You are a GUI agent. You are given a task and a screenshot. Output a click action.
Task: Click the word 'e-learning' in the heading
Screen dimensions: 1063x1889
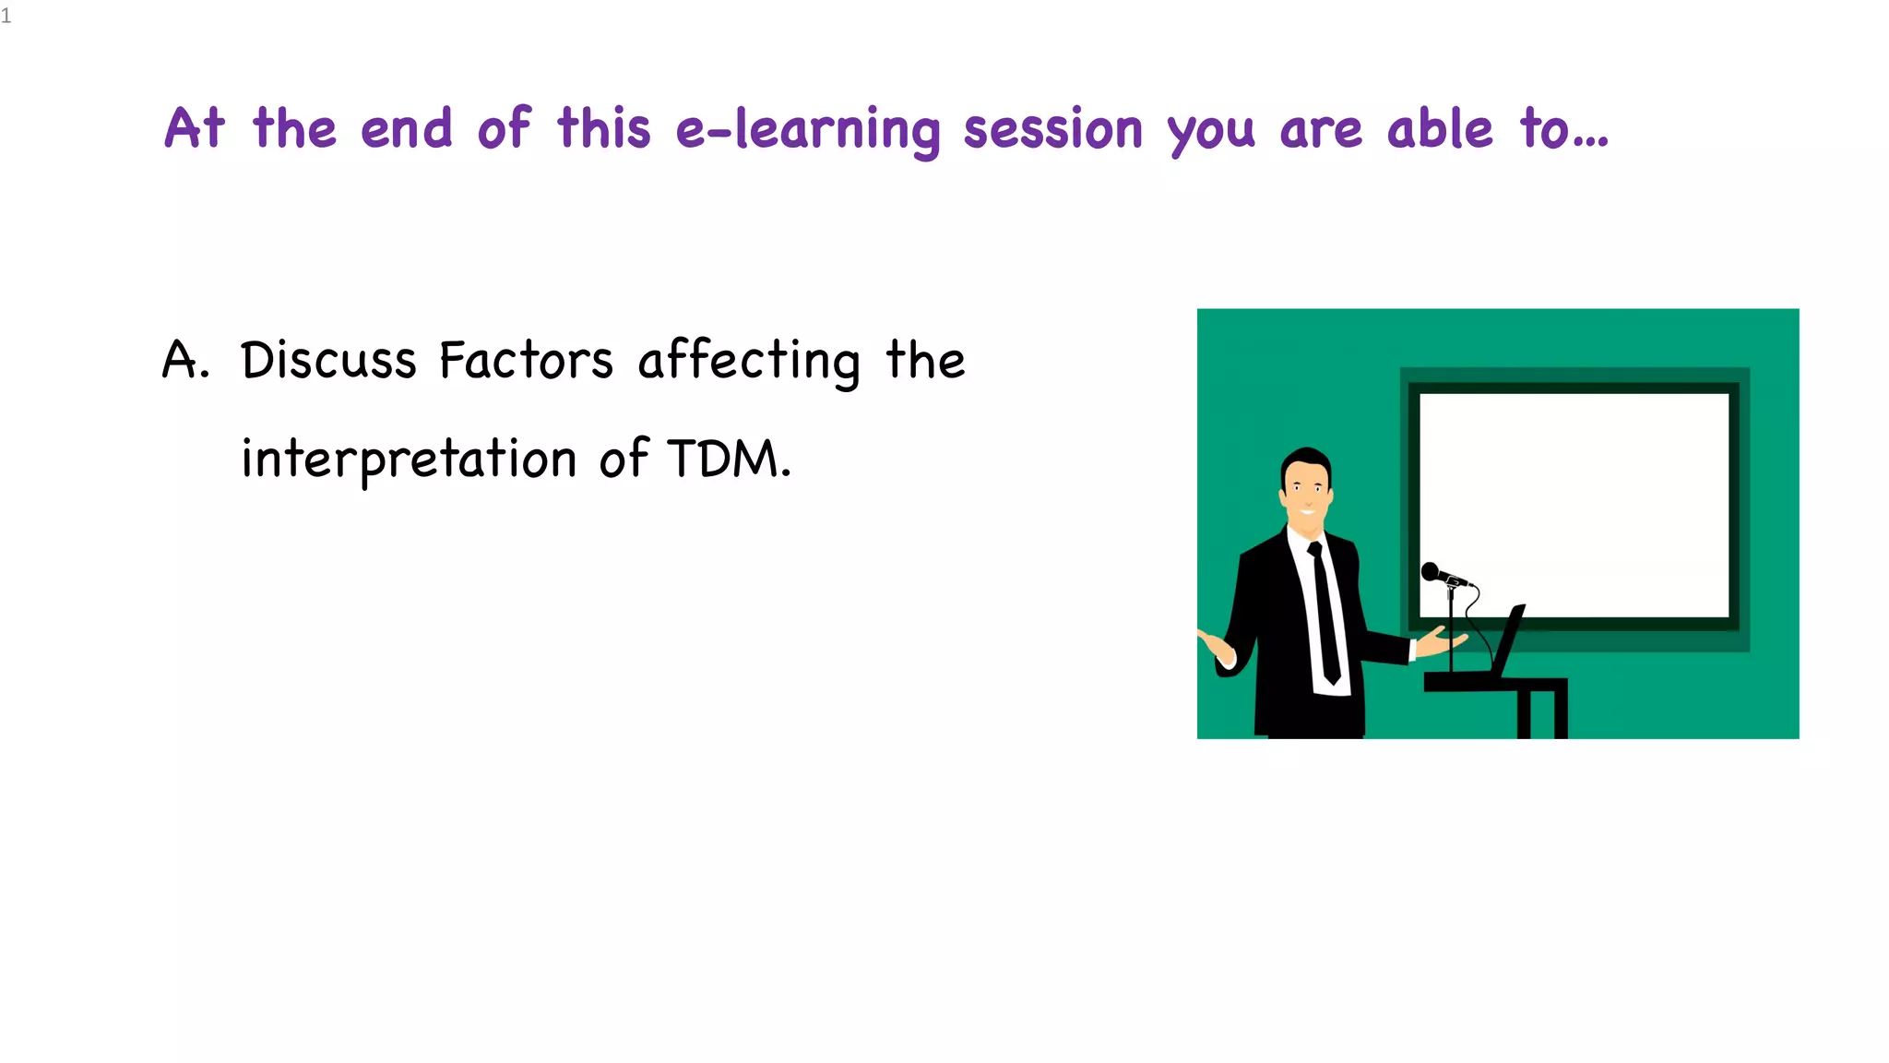click(807, 129)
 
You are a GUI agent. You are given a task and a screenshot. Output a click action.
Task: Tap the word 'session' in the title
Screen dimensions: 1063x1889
click(1052, 129)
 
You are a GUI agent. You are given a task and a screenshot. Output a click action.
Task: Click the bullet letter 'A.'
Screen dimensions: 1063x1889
click(185, 360)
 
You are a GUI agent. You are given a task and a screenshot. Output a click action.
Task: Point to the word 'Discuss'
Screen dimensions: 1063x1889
click(328, 360)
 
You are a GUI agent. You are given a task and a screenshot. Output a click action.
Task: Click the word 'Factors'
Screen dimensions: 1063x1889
click(526, 360)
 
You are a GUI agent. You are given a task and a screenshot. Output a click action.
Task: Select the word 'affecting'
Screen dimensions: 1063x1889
click(749, 362)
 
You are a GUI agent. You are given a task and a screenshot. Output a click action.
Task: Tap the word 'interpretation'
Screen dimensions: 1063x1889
click(409, 460)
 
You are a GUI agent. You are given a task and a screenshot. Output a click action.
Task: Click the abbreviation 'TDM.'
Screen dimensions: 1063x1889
click(729, 459)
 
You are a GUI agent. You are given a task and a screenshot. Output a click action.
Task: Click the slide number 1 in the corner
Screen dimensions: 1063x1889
click(6, 16)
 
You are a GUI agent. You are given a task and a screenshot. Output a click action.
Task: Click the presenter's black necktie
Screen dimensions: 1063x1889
click(1325, 614)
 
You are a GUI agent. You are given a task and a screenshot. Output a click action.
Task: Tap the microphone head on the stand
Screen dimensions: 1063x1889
click(1431, 571)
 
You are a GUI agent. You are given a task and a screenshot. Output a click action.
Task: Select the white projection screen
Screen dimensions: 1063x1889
click(1574, 503)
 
